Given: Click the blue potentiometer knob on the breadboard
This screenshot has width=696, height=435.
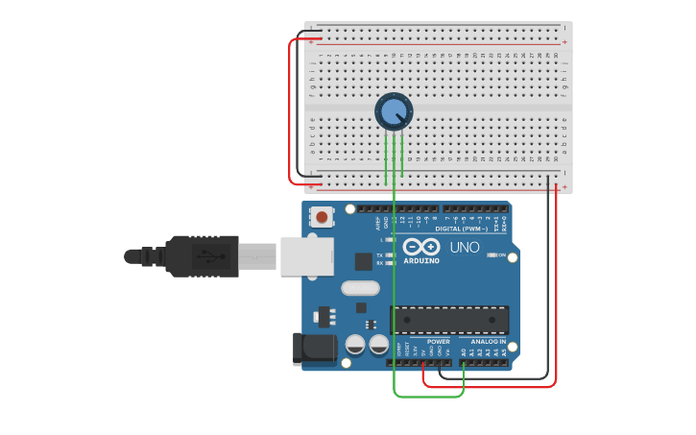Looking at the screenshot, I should pos(394,112).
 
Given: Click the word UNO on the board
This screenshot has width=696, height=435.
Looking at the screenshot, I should pos(465,247).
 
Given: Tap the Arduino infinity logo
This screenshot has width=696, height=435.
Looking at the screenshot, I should pos(421,247).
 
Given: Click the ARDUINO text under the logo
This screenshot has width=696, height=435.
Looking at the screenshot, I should pos(421,260).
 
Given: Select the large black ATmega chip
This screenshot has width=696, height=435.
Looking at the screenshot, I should pos(449,320).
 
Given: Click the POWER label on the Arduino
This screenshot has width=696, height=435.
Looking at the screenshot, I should pos(438,341).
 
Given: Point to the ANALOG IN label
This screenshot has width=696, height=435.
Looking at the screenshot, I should pos(488,341).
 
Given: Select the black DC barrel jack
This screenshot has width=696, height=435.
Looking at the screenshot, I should pos(313,348).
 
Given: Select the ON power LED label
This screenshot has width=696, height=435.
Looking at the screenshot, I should pos(501,254).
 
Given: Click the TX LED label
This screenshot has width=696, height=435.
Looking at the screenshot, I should pos(379,254).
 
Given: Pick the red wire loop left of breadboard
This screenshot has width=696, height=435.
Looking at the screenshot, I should pos(291,110).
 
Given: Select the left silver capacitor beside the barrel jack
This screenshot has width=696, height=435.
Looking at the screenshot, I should pos(354,344).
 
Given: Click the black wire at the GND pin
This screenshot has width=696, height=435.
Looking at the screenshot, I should pos(441,370).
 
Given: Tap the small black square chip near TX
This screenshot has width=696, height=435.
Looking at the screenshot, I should pos(363,260).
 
